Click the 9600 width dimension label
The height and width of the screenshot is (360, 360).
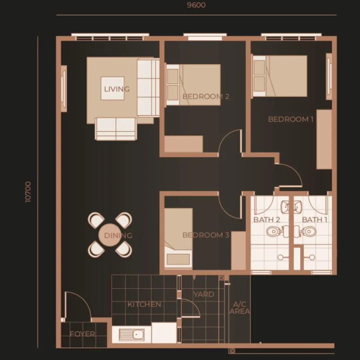tap(196, 5)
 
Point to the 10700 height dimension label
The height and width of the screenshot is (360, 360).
tap(28, 192)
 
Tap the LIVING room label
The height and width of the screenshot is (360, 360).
tap(117, 89)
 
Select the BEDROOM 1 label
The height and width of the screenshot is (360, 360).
tap(291, 119)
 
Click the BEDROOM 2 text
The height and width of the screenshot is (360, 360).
tap(206, 96)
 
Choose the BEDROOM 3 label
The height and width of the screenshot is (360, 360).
tap(206, 235)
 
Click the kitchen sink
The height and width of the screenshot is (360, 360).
tap(132, 335)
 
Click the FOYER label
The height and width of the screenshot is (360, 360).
tap(82, 334)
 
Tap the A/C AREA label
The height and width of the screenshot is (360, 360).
tap(240, 308)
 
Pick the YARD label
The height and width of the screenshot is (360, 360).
tap(204, 294)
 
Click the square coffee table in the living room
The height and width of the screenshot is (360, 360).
tap(113, 88)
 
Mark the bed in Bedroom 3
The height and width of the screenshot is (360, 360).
tap(178, 238)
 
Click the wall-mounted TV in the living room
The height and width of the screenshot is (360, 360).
tap(64, 89)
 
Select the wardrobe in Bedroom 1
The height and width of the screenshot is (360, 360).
tap(324, 139)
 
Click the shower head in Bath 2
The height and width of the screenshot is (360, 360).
tap(281, 257)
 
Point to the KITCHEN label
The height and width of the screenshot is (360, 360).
tap(144, 304)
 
